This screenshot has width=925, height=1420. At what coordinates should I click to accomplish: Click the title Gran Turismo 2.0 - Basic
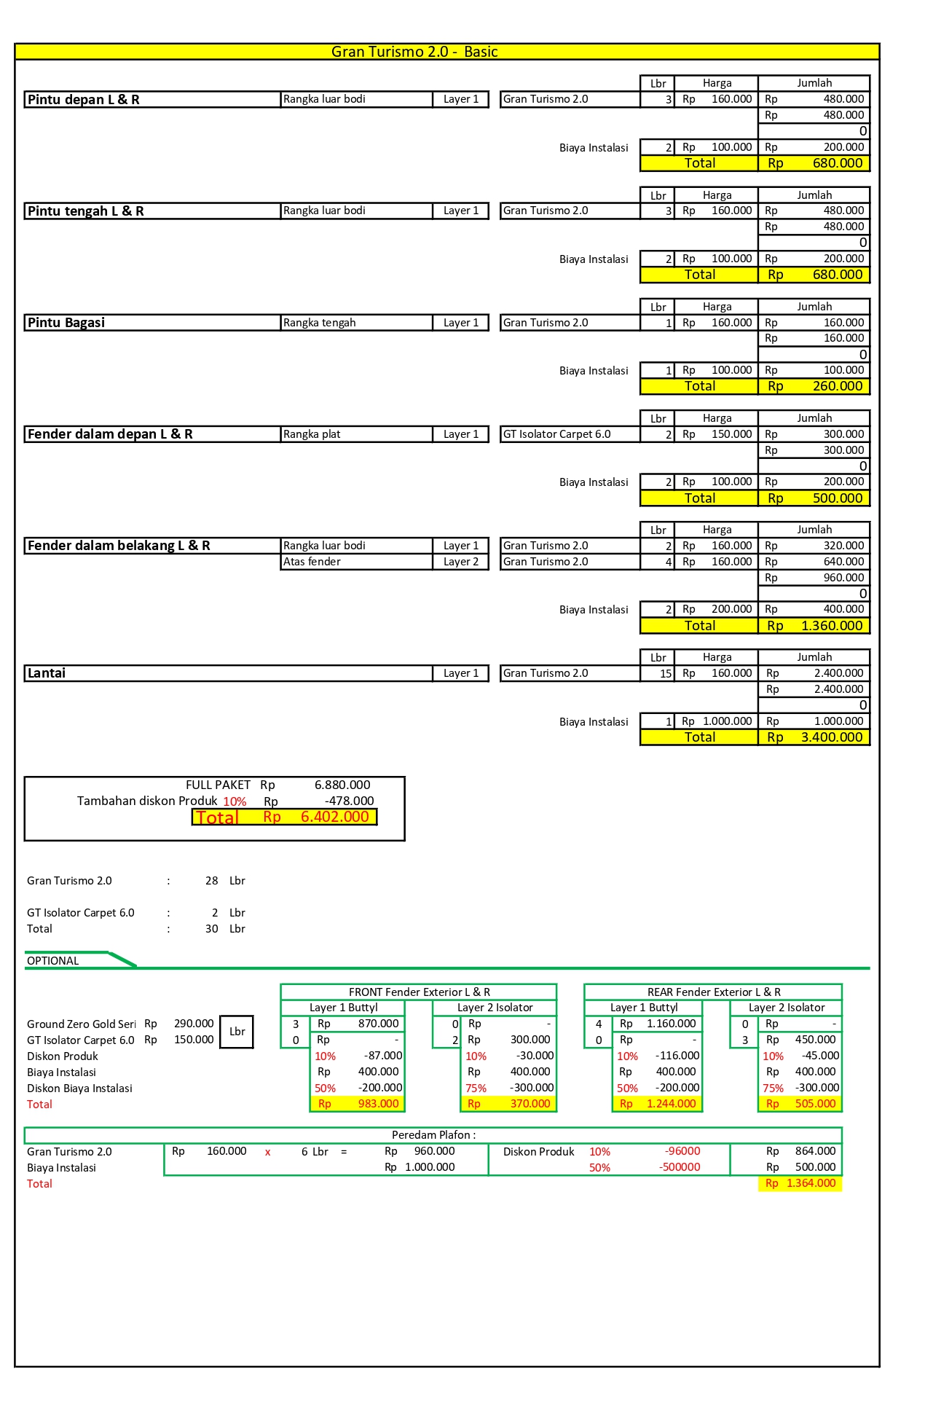[414, 52]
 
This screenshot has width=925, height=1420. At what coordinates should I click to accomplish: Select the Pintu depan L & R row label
[84, 100]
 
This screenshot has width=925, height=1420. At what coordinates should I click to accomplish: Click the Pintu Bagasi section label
[66, 323]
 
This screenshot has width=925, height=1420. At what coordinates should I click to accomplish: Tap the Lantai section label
[47, 673]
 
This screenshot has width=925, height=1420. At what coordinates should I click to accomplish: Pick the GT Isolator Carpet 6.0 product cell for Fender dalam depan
[557, 434]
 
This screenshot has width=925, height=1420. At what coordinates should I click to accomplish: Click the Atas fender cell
[312, 562]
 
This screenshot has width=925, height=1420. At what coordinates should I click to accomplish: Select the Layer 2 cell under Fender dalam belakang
[460, 562]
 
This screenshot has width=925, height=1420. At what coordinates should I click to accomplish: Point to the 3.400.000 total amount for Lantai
[831, 737]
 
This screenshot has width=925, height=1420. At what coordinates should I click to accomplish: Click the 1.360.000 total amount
[831, 626]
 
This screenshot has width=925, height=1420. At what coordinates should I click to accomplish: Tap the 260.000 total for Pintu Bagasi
[837, 386]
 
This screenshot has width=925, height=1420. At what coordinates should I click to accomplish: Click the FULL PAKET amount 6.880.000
[342, 785]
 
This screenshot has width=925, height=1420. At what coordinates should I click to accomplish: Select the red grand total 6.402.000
[334, 817]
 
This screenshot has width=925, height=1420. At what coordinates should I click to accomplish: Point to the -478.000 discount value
[349, 801]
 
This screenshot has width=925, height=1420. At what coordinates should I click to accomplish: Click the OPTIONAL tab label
[53, 961]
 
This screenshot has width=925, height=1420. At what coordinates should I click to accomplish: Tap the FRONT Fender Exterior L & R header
[419, 992]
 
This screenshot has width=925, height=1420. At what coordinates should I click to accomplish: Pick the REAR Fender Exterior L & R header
[713, 992]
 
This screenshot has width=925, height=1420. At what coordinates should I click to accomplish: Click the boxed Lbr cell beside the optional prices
[237, 1032]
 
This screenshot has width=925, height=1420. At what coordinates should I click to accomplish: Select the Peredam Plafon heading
[433, 1135]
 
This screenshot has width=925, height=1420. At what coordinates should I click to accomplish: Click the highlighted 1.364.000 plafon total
[811, 1183]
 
